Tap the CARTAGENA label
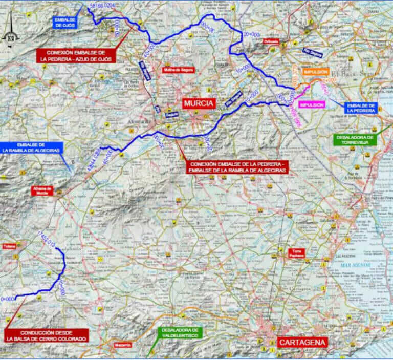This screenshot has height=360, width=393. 302,342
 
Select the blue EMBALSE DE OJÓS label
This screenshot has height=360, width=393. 64,22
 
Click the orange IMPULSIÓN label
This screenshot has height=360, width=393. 315,73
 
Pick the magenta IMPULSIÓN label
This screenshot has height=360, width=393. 312,104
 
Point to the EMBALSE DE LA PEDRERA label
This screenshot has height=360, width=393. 361,108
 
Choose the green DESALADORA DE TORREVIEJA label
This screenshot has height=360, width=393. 355,140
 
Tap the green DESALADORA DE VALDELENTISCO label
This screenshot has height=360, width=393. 180,332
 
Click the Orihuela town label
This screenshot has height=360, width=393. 270,41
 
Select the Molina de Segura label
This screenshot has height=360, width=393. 178,70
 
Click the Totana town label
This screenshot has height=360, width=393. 9,246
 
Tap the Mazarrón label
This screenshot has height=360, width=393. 123,345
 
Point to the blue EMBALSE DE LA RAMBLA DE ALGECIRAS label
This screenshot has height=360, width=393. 32,147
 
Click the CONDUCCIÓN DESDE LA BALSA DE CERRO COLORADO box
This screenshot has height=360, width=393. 46,335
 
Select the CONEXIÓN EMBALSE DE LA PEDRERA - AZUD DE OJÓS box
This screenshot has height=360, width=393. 76,56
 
